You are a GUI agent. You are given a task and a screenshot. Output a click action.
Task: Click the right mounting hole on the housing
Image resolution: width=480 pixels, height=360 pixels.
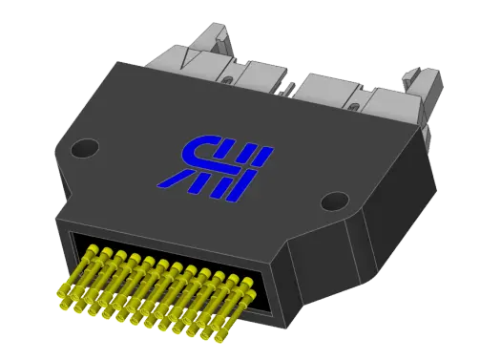[x=334, y=201]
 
